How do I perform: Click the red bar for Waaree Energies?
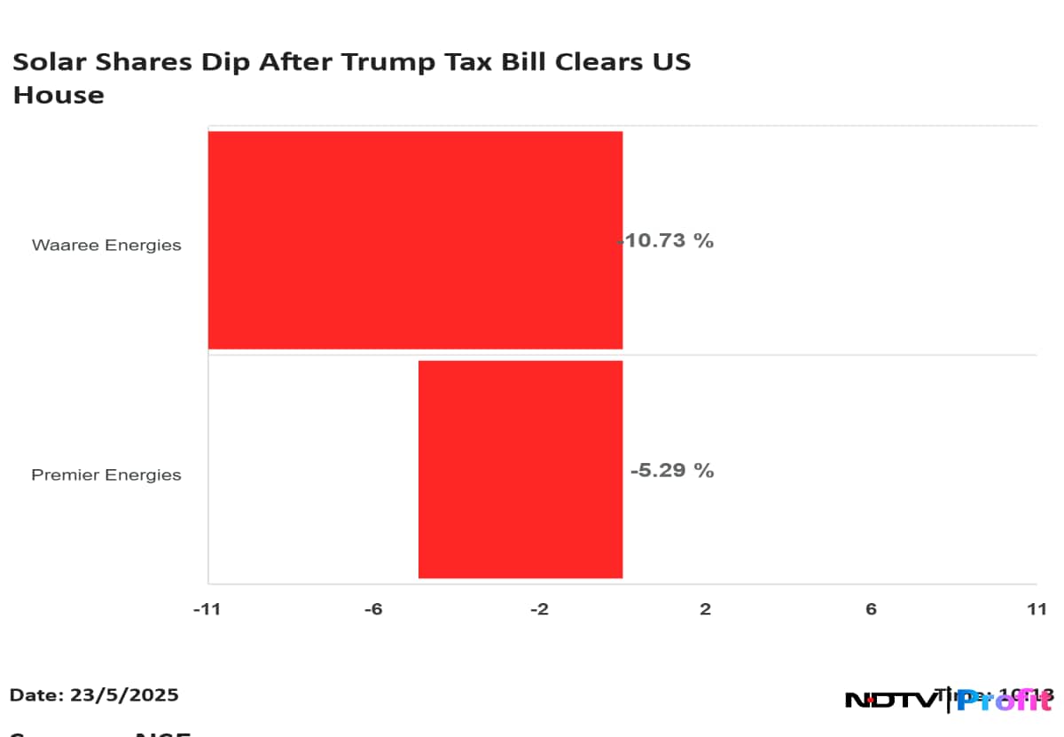click(x=415, y=239)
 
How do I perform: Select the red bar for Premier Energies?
click(x=520, y=469)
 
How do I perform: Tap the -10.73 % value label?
click(x=667, y=240)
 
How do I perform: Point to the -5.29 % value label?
click(x=671, y=470)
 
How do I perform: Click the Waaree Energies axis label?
click(x=106, y=245)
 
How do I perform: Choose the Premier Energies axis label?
click(x=106, y=474)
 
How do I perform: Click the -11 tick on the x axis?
click(x=207, y=609)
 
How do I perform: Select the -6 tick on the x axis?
click(x=373, y=609)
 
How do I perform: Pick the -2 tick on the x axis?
click(x=539, y=609)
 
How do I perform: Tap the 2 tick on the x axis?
click(x=706, y=609)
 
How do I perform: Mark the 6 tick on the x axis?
click(x=871, y=609)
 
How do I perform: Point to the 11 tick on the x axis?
click(x=1037, y=609)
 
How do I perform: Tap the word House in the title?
click(x=59, y=95)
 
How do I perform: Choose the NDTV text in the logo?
click(x=889, y=701)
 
